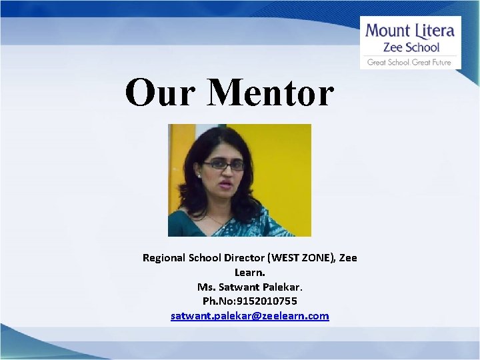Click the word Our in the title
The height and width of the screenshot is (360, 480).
point(159,93)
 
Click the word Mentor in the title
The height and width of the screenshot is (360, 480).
point(270,93)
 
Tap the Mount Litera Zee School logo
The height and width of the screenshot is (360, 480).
point(410,43)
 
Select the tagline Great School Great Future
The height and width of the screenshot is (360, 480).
point(410,62)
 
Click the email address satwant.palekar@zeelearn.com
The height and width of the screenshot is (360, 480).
point(250,315)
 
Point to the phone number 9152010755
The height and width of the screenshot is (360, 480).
point(269,301)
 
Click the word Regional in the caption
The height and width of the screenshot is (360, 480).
point(164,257)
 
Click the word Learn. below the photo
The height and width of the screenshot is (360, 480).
point(250,272)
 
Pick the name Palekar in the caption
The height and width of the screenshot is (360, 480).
point(281,287)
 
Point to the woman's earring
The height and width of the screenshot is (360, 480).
point(199,174)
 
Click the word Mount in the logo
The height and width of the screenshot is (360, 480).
point(387,31)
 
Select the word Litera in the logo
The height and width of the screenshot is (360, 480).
point(433,31)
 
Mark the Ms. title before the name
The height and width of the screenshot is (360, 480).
point(205,287)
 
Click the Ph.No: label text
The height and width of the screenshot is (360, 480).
point(220,301)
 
